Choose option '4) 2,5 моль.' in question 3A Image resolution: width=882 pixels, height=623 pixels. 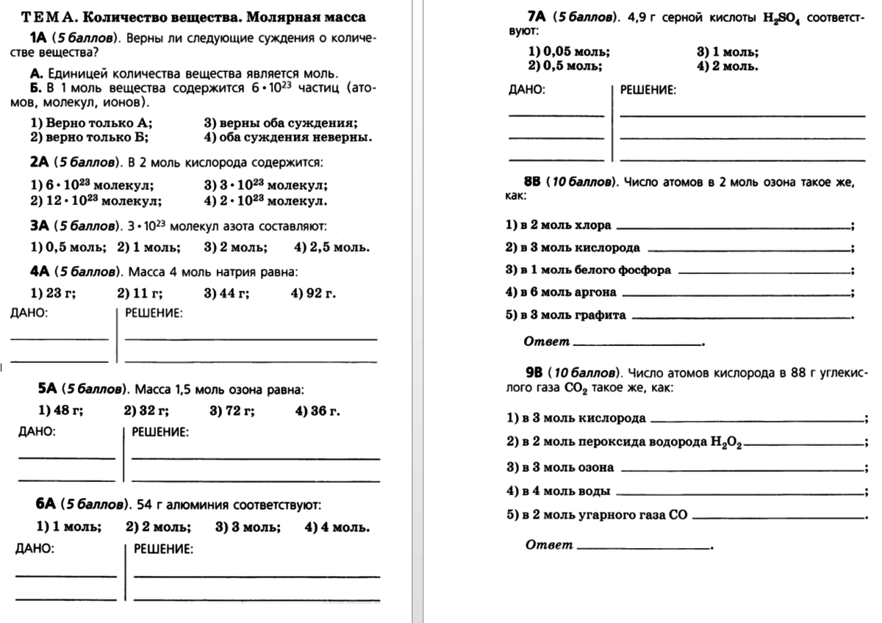331,247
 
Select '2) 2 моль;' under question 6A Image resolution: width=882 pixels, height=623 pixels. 158,527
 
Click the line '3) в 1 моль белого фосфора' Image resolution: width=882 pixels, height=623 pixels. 589,270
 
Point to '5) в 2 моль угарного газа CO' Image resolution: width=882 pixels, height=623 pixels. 597,515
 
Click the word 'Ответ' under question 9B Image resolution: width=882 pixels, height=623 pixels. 549,544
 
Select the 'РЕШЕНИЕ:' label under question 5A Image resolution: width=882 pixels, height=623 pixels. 160,432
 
